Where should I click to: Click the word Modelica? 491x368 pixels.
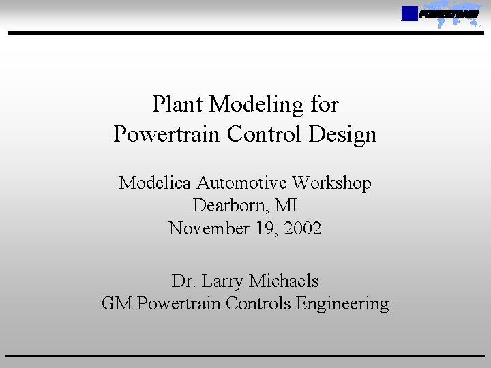coord(155,183)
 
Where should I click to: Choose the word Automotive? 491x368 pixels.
coord(242,183)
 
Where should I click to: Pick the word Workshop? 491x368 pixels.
coord(332,183)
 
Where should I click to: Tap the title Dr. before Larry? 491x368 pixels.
coord(183,281)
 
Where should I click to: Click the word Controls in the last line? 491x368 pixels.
coord(262,304)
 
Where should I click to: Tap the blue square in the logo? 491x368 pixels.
coord(409,14)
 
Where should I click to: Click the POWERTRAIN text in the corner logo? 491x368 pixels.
coord(449,14)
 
